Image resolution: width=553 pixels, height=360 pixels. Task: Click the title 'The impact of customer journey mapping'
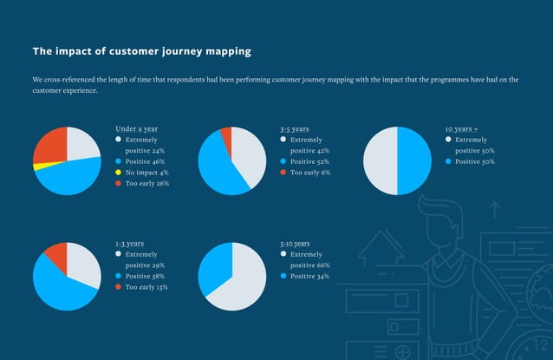pos(141,51)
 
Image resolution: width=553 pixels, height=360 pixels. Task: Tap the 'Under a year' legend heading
pos(136,128)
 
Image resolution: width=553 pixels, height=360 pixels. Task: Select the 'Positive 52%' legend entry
pos(309,161)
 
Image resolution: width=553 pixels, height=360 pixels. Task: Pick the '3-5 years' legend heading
pos(295,128)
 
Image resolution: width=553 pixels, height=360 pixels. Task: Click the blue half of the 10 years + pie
pos(414,160)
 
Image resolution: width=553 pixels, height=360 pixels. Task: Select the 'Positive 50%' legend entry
pos(474,161)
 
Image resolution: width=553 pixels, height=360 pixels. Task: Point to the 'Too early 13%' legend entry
pos(146,287)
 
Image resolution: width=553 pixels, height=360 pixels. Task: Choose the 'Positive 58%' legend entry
pos(145,276)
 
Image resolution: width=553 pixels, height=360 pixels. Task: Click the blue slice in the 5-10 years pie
pos(215,267)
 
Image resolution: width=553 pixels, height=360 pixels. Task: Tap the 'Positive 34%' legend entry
pos(309,276)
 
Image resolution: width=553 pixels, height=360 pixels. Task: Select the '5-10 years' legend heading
pos(296,244)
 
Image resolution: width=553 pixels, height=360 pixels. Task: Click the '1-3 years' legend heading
pos(129,244)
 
